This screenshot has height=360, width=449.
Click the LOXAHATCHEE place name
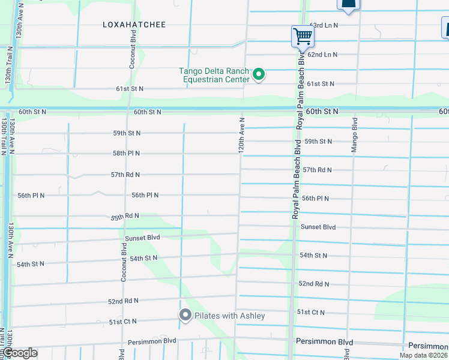tap(134, 25)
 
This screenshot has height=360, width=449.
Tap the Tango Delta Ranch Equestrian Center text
tap(214, 74)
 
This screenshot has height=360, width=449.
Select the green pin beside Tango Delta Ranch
tap(259, 74)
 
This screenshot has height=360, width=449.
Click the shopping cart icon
tap(303, 37)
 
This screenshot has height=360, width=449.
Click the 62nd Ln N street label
tap(322, 54)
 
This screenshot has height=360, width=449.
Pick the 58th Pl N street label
tap(125, 154)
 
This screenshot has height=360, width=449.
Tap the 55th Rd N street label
tap(124, 215)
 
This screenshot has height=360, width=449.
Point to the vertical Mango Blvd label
tap(355, 136)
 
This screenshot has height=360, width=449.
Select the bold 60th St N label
tap(322, 112)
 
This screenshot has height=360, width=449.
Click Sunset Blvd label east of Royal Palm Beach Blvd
tap(318, 227)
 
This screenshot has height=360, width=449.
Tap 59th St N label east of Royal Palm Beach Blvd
tap(318, 142)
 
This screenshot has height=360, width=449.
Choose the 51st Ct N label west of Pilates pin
tap(124, 322)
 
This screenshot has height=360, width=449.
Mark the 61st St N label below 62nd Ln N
tap(321, 83)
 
